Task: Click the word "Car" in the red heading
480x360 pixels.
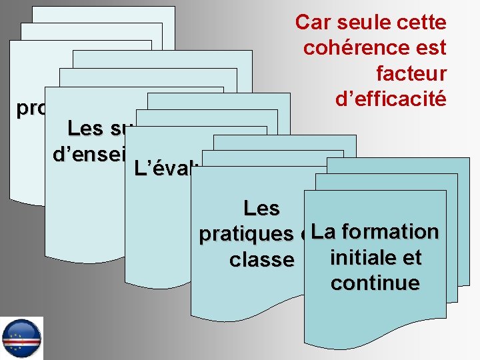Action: pyautogui.click(x=311, y=23)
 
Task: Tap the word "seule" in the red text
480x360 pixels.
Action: pyautogui.click(x=361, y=23)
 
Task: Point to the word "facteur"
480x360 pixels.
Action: pyautogui.click(x=411, y=72)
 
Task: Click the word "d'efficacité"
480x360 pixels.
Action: pyautogui.click(x=390, y=99)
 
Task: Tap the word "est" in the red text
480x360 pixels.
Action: pyautogui.click(x=430, y=48)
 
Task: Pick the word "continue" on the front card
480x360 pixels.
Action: pyautogui.click(x=375, y=283)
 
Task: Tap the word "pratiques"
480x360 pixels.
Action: pyautogui.click(x=247, y=234)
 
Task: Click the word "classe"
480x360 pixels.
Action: pyautogui.click(x=261, y=259)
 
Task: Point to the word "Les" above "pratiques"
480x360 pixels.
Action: pyautogui.click(x=261, y=209)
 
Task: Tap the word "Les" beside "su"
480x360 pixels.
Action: pyautogui.click(x=91, y=127)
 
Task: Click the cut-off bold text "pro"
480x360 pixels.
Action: pyautogui.click(x=31, y=109)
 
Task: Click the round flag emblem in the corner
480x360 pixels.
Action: pyautogui.click(x=21, y=338)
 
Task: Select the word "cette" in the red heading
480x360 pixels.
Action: pyautogui.click(x=420, y=23)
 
